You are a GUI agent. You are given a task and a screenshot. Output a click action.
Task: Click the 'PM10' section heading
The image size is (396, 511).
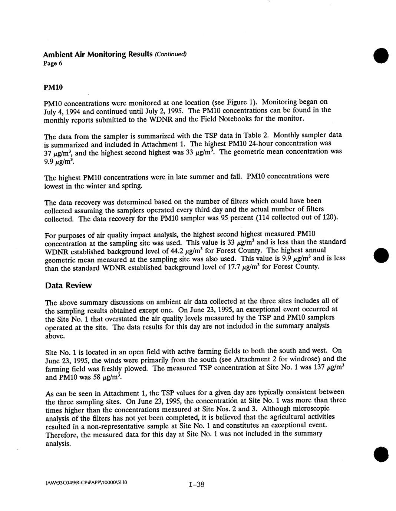pyautogui.click(x=53, y=87)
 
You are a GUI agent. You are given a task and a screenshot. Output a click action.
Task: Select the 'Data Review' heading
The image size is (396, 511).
pyautogui.click(x=68, y=285)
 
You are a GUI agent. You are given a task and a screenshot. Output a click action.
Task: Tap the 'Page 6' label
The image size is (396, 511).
pyautogui.click(x=53, y=63)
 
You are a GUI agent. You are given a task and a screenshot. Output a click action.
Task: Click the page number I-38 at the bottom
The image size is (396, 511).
pyautogui.click(x=197, y=484)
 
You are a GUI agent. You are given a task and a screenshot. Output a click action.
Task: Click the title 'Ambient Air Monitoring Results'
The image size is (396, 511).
pyautogui.click(x=98, y=54)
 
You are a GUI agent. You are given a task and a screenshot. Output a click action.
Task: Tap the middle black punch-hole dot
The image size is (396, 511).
pyautogui.click(x=380, y=255)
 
